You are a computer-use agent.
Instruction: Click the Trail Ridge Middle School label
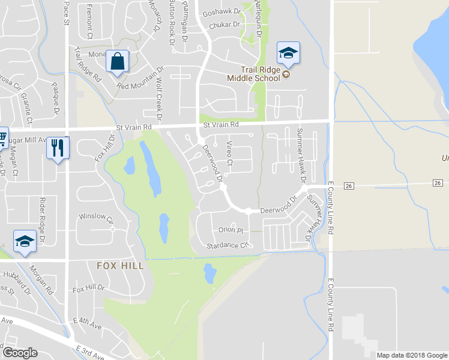pos(253,74)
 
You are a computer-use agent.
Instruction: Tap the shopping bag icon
pos(117,61)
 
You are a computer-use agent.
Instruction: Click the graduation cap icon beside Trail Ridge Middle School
pos(288,53)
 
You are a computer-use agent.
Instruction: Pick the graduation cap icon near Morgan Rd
pos(25,241)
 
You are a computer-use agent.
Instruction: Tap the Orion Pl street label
pos(231,230)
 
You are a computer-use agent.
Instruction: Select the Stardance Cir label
pos(227,245)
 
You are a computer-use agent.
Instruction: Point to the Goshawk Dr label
pos(221,11)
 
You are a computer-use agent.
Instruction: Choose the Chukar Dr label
pos(224,25)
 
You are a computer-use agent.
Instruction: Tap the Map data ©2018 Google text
pos(411,355)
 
